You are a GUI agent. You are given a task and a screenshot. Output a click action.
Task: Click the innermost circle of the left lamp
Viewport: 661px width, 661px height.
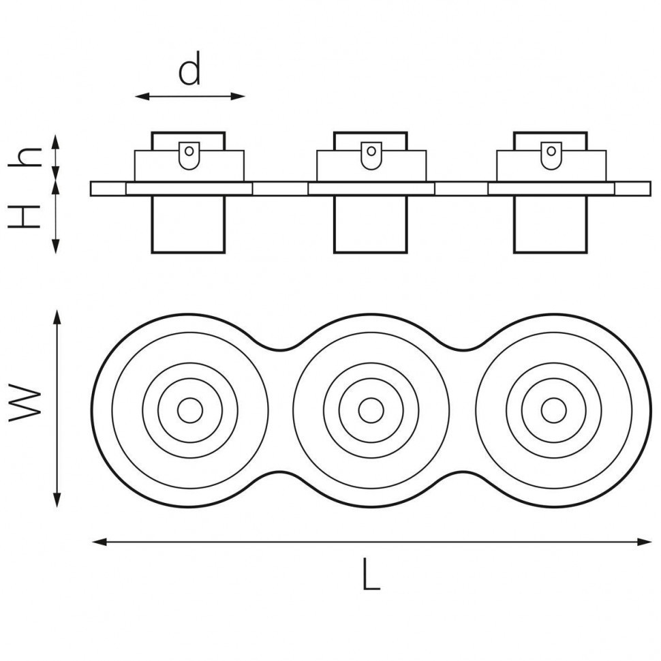189,410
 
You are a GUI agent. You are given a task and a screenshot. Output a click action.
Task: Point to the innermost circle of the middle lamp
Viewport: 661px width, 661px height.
371,410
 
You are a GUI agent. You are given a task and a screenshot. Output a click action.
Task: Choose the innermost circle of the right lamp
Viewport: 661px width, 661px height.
553,410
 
